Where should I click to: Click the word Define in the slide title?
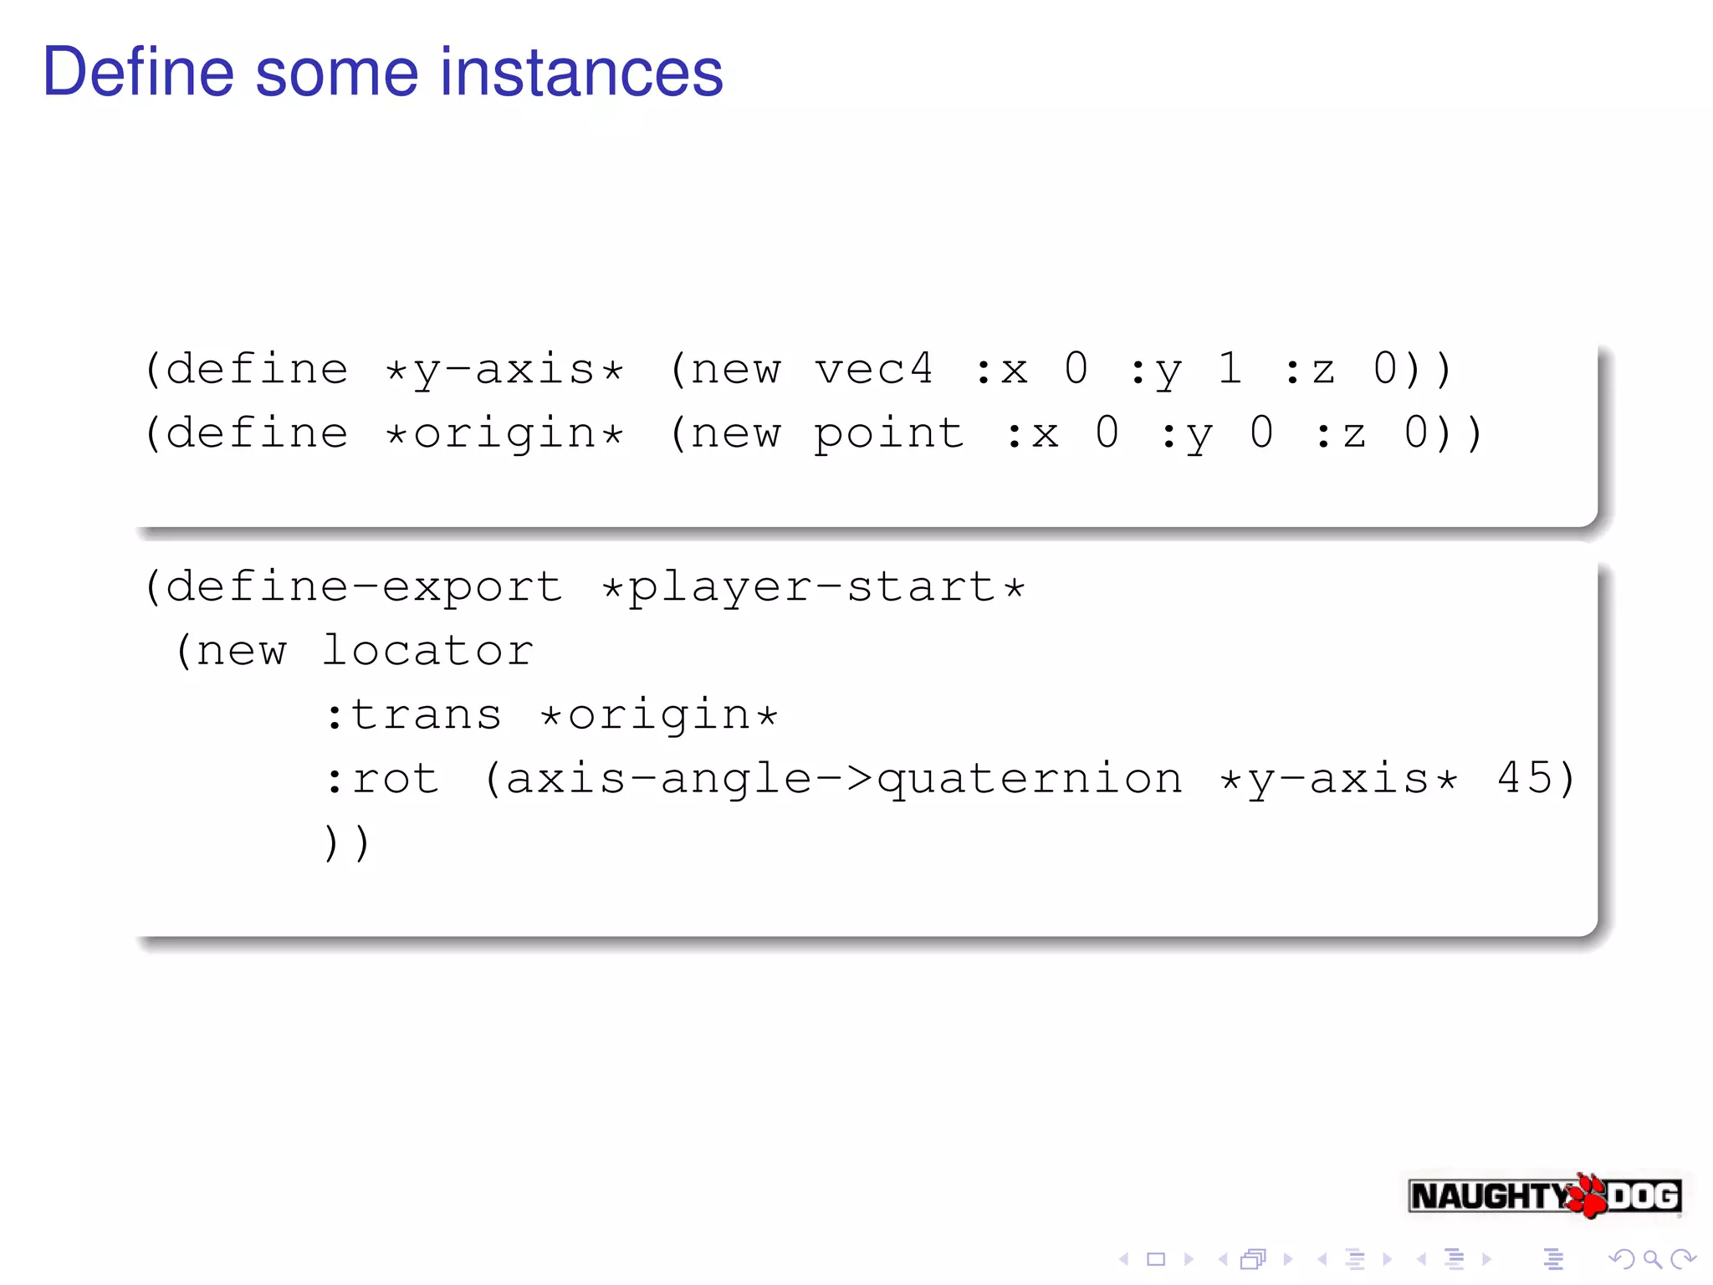(x=138, y=73)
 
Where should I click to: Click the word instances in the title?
(x=581, y=73)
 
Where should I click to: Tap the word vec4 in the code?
(x=873, y=369)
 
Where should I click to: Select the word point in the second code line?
(x=888, y=434)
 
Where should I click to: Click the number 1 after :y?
(x=1229, y=369)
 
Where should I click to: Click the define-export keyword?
(x=364, y=586)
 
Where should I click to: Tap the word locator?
(x=427, y=651)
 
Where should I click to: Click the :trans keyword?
(x=413, y=715)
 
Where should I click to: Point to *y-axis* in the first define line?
(x=504, y=371)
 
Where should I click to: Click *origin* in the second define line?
(x=504, y=434)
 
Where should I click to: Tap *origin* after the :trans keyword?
(x=659, y=715)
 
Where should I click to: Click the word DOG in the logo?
(x=1644, y=1196)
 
